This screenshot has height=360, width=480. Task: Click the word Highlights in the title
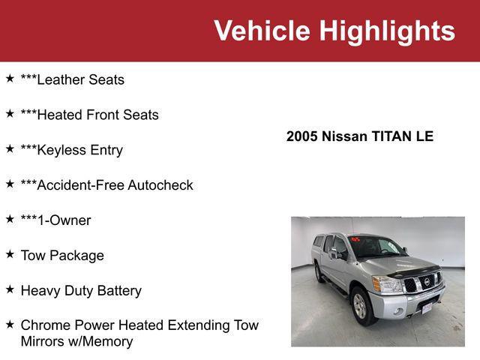point(387,31)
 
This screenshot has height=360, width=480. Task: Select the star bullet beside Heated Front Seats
point(10,113)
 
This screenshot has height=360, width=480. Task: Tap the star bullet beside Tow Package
point(10,254)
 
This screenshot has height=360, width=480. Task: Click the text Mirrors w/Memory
point(76,341)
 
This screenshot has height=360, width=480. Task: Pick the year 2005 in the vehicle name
point(302,136)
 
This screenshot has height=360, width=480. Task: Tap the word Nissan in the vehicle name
point(346,136)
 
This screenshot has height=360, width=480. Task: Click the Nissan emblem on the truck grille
point(427,280)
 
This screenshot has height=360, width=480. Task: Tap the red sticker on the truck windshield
point(355,240)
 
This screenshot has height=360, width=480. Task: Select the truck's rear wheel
point(319,273)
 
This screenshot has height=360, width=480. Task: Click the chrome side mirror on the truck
point(334,253)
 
